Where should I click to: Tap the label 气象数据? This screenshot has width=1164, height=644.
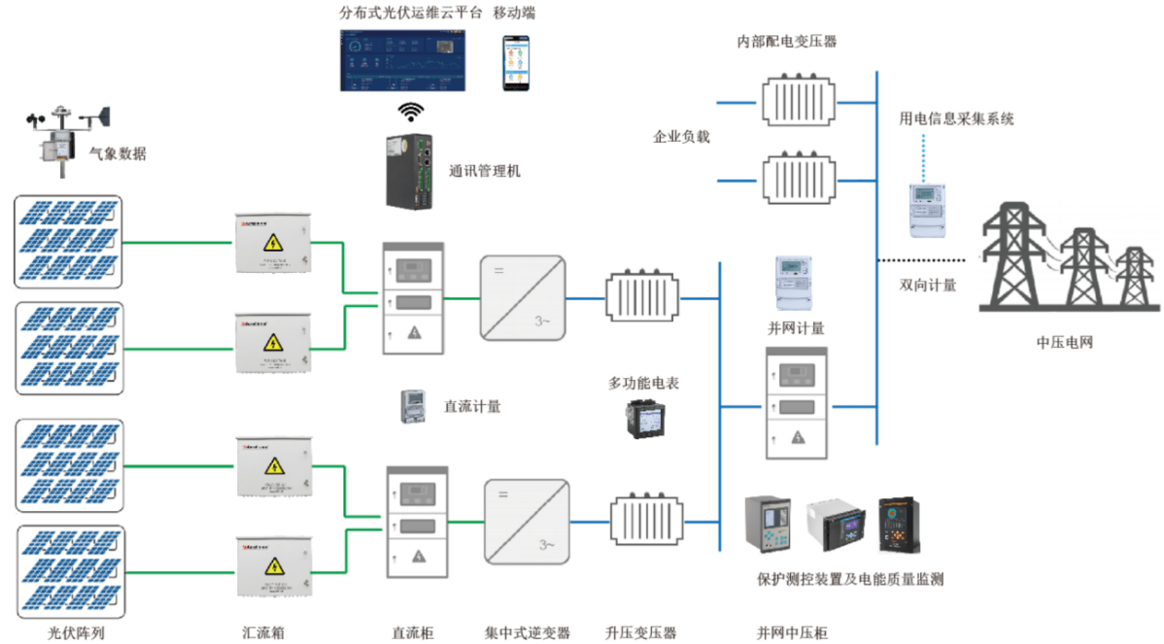(118, 153)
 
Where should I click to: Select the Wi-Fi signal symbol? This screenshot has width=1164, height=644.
(411, 109)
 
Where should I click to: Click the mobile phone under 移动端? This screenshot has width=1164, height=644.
(517, 62)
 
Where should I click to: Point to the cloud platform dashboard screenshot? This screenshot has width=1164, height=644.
(402, 60)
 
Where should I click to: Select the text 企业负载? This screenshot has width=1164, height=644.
(681, 137)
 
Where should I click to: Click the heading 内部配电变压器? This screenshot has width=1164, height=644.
(787, 42)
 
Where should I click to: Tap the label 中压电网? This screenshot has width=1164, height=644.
(1065, 343)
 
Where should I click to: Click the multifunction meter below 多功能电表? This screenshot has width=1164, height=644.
(640, 417)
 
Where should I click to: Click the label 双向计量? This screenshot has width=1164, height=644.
(927, 285)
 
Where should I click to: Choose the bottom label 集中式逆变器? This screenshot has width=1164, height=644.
(528, 633)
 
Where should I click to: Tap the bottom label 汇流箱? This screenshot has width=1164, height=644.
(263, 633)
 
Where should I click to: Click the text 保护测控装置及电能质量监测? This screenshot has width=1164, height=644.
(850, 579)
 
